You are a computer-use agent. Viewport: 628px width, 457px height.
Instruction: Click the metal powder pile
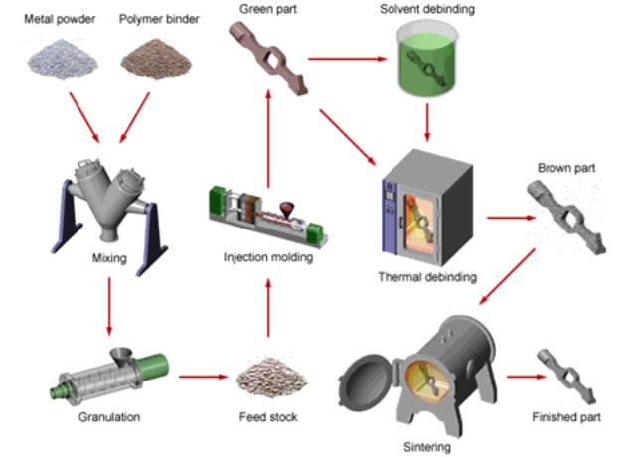click(62, 58)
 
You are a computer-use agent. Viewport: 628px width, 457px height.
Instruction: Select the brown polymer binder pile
click(152, 59)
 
